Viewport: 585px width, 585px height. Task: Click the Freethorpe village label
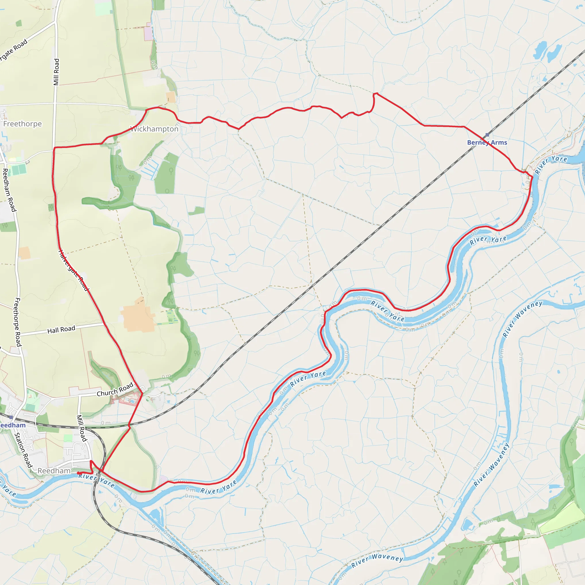click(x=22, y=124)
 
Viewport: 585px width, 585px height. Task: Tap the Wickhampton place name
click(x=154, y=129)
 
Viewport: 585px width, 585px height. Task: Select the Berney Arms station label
click(x=487, y=142)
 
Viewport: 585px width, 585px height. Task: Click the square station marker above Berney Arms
click(x=487, y=135)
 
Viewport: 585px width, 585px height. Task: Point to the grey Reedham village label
click(x=54, y=471)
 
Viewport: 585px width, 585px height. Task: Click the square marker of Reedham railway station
click(x=11, y=417)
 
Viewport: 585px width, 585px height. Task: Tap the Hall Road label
click(x=61, y=329)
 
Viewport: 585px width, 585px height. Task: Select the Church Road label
click(x=115, y=389)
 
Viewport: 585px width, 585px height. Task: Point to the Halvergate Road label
click(x=74, y=270)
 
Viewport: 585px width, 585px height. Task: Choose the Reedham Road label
click(x=9, y=190)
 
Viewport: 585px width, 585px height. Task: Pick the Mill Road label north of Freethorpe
click(x=56, y=72)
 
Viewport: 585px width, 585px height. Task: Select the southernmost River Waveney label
click(x=377, y=561)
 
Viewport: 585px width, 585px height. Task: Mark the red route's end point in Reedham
click(x=78, y=473)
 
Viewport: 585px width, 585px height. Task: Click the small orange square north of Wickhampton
click(x=171, y=97)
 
